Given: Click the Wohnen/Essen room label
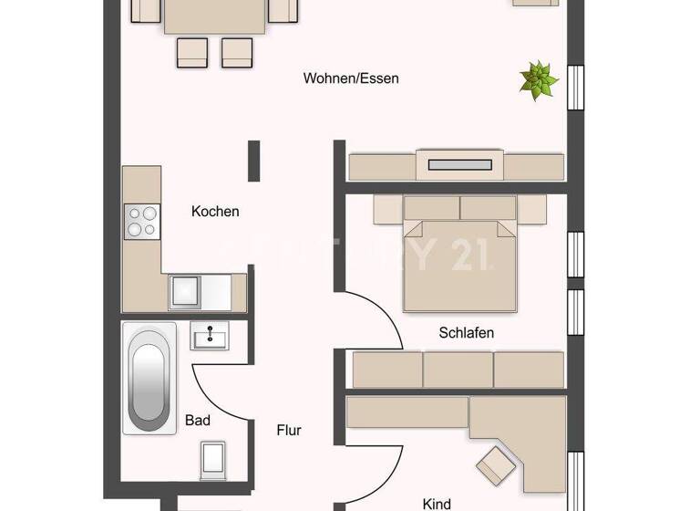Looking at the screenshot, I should coord(351,78).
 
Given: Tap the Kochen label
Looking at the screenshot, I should coord(215,212).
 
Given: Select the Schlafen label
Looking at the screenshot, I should coord(466,333).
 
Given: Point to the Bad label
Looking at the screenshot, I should coord(198,421).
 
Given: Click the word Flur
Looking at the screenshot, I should coord(289,430).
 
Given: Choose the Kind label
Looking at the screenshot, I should coord(436,503).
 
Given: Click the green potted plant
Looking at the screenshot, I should coord(538,79).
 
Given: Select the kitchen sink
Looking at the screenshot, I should coord(185,292).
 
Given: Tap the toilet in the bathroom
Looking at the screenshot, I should coord(213,456).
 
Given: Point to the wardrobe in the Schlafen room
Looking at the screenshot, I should coord(458,370).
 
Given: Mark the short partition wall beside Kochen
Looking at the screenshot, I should coord(254,161).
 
